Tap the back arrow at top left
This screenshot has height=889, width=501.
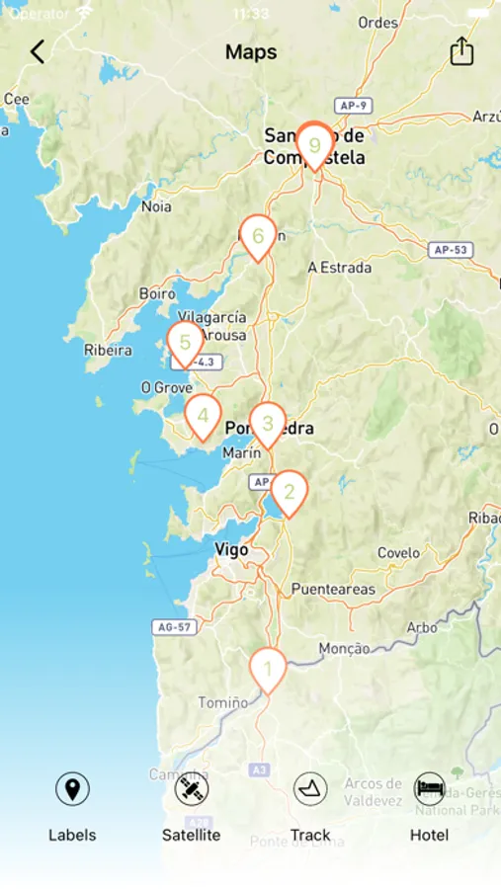pos(38,51)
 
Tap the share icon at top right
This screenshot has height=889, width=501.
pos(461,51)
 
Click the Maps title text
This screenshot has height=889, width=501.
pos(251,51)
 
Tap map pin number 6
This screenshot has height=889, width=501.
pos(258,236)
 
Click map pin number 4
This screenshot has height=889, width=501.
pos(203,415)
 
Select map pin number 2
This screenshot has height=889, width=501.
pos(289,491)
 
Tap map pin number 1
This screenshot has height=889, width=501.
pos(267,669)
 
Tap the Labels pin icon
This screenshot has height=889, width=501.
pos(72,789)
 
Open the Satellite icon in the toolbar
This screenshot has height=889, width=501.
pos(191,789)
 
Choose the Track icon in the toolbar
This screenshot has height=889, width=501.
pos(310,789)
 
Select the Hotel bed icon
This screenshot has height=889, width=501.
pos(429,789)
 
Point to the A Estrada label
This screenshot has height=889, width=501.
pos(340,267)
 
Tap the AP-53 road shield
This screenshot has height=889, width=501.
pos(450,250)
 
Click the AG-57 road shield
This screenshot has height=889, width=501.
pos(175,626)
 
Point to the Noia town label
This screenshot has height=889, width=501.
pos(156,206)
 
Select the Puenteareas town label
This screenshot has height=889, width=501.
pos(333,589)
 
